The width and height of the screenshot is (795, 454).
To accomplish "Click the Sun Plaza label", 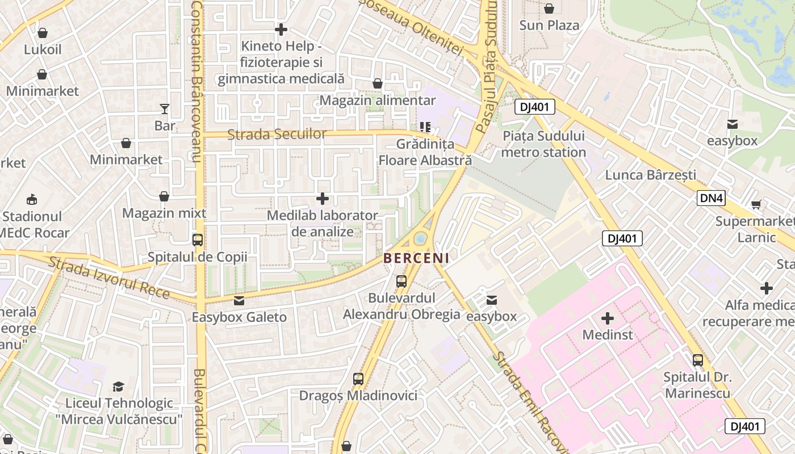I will [x=549, y=26].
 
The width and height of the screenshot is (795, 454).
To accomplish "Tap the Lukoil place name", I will [x=43, y=49].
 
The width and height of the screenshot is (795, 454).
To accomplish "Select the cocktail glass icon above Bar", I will [x=165, y=108].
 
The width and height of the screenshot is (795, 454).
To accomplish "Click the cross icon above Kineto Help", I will [x=281, y=30].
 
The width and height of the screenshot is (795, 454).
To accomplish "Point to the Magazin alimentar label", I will [x=378, y=100].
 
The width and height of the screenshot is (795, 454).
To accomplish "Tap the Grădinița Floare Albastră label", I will [x=425, y=152].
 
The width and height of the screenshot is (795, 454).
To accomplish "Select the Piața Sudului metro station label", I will [x=543, y=144].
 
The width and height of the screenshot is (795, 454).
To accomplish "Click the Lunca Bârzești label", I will [x=650, y=175].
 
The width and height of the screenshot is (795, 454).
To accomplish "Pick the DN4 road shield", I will [x=712, y=198].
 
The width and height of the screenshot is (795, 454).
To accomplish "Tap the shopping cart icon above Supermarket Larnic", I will [x=756, y=204].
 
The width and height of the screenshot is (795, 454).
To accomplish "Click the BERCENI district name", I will [x=416, y=258].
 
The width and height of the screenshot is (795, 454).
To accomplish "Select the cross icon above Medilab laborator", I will [x=323, y=199].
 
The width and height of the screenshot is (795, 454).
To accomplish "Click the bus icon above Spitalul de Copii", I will [x=198, y=240].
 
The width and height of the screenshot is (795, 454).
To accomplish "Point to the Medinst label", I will [x=608, y=334].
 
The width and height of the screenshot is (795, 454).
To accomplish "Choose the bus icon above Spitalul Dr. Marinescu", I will [x=697, y=360].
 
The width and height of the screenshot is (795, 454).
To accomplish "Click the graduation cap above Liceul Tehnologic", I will [x=118, y=386].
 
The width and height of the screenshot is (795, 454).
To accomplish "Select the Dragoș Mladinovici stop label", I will [x=358, y=396].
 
